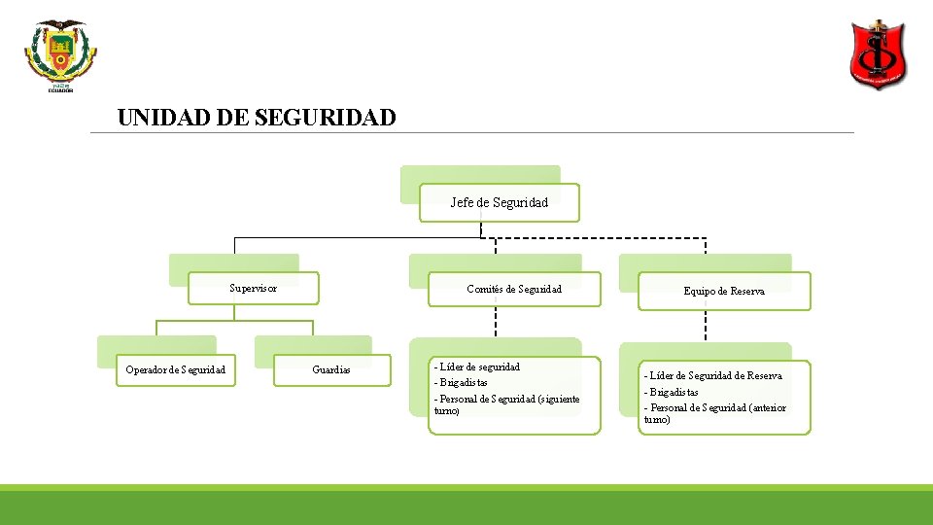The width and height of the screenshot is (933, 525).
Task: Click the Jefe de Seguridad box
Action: [500, 202]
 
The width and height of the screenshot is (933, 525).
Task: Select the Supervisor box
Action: [253, 288]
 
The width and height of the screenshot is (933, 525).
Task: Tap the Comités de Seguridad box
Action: [514, 289]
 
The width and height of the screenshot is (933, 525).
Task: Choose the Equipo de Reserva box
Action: [724, 291]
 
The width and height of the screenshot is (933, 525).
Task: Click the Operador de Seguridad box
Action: [176, 369]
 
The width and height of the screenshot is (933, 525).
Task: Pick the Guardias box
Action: [331, 369]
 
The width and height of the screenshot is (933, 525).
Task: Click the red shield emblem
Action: [878, 56]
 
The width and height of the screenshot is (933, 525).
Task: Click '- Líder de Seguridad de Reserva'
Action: [712, 375]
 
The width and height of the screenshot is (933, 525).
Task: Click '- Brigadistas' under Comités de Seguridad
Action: [461, 382]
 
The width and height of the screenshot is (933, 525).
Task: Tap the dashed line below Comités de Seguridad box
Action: [496, 321]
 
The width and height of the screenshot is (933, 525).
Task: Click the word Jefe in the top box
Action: [462, 202]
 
